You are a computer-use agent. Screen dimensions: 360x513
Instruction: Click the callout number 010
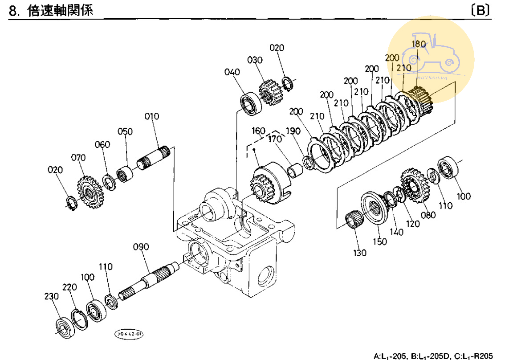[152, 117]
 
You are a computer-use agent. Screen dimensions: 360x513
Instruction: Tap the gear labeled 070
[90, 192]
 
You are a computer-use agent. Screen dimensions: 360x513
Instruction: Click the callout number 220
[69, 287]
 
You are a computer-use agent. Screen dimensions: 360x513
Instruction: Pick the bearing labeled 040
[252, 103]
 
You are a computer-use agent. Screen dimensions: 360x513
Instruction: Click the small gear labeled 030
[269, 93]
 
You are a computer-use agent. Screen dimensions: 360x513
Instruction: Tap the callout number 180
[419, 44]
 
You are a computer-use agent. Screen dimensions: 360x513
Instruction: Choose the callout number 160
[259, 131]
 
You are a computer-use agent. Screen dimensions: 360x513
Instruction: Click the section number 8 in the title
[13, 11]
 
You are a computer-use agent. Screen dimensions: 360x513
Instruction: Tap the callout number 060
[102, 144]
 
